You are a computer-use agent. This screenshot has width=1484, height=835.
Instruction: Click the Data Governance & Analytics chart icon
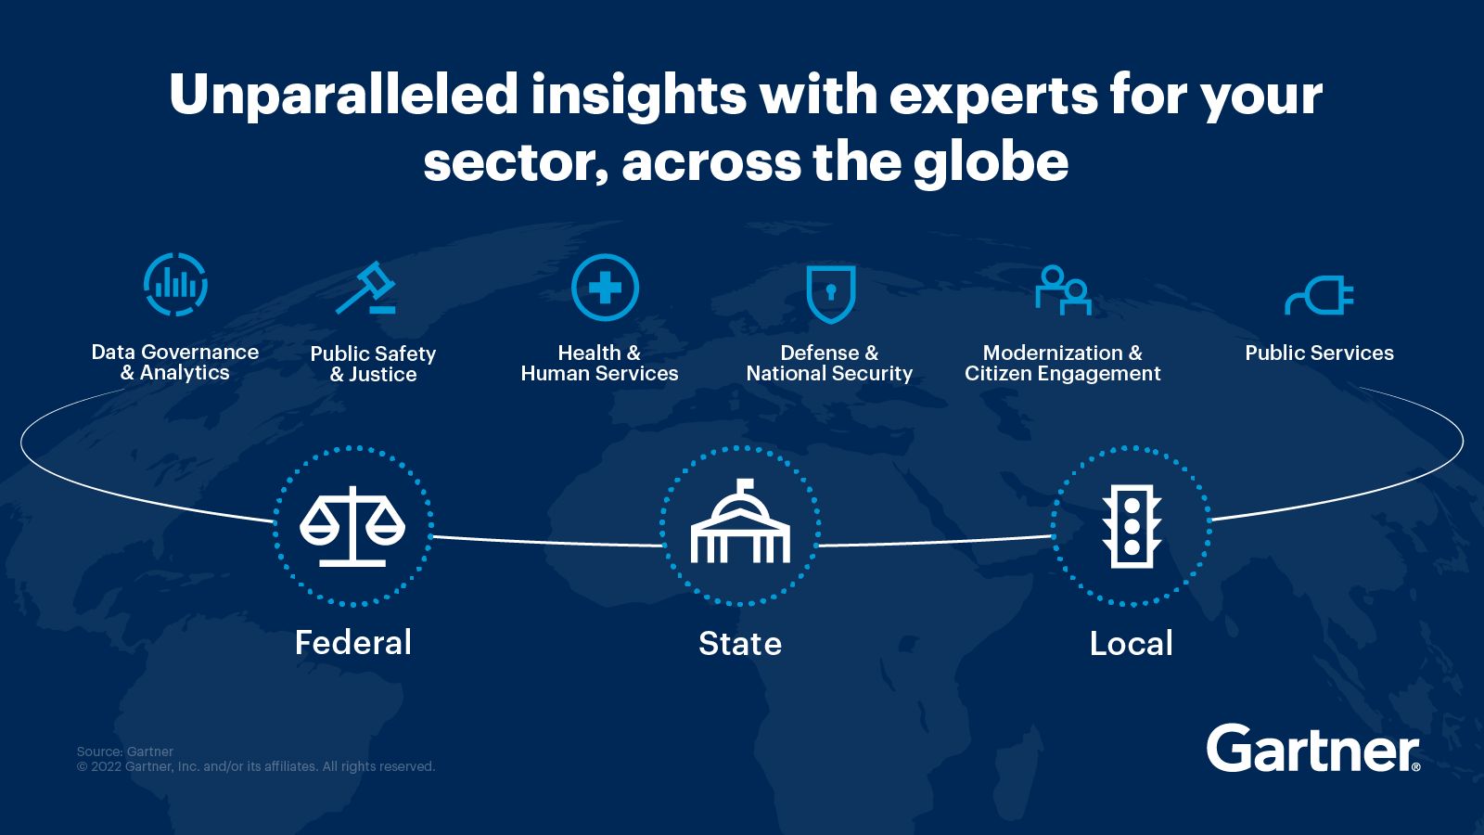point(175,284)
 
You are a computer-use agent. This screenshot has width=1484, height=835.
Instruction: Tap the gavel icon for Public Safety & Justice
point(366,289)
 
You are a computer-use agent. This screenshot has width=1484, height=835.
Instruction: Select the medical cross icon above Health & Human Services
point(605,288)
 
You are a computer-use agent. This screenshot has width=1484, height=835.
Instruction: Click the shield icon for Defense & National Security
point(830,293)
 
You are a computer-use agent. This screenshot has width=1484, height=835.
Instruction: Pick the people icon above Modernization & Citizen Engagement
point(1063,290)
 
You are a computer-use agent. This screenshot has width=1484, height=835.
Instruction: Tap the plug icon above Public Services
point(1319,296)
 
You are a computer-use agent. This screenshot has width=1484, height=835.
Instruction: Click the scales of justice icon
point(352,526)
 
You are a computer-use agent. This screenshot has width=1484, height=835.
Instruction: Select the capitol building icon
point(740,524)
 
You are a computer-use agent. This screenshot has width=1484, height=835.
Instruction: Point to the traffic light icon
point(1132,526)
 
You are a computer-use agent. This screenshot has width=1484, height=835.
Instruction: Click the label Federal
point(353,643)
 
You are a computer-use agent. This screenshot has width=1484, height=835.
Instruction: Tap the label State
point(740,644)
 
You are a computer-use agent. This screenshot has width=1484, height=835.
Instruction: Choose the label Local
point(1132,644)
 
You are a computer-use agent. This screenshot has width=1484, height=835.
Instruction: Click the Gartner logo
point(1312,749)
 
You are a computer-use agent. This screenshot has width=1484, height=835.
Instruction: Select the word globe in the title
point(991,162)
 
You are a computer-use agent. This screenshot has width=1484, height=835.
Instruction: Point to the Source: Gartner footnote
point(125,751)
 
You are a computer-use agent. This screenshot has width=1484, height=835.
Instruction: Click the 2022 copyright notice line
point(256,766)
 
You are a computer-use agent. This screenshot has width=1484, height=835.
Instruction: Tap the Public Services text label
point(1319,353)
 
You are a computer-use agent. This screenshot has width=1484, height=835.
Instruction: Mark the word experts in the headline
point(993,96)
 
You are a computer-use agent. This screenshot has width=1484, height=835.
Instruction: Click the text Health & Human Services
point(599,363)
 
